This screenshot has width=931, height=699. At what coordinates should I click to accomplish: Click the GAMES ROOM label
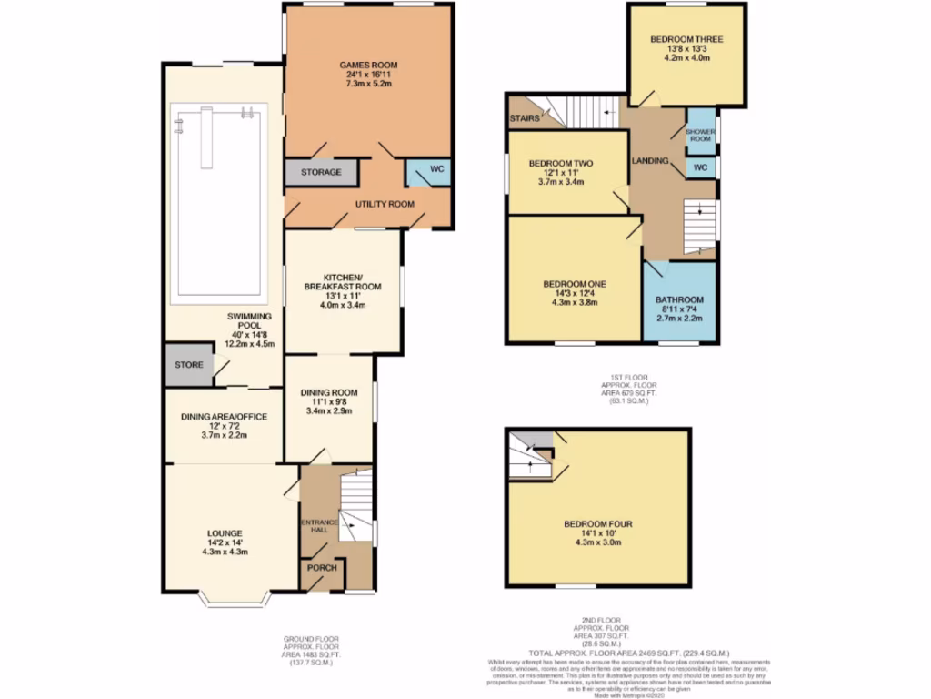368,66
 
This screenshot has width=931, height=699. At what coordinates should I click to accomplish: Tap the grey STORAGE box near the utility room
322,172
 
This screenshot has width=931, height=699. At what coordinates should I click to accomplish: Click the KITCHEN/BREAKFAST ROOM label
342,281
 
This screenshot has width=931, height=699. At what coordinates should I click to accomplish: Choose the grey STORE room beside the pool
189,365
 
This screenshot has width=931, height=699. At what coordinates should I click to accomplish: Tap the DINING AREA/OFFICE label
224,417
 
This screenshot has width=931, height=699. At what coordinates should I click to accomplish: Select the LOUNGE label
224,532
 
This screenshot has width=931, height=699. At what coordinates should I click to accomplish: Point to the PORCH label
321,568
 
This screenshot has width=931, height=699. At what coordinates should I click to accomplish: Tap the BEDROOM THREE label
686,40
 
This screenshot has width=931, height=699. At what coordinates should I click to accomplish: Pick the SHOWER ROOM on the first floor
700,135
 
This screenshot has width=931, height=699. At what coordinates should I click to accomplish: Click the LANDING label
651,161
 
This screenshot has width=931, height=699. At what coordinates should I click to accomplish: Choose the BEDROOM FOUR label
597,524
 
